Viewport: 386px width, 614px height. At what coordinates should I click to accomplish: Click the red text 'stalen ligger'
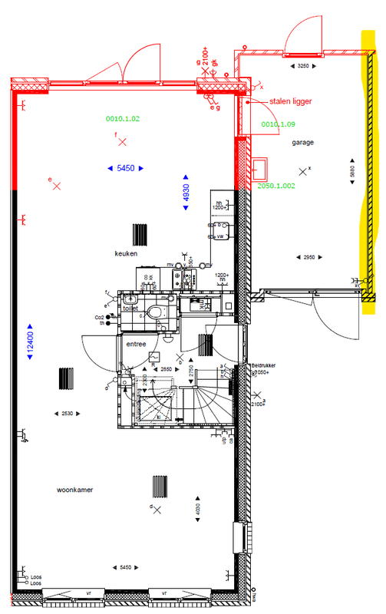(x=290, y=101)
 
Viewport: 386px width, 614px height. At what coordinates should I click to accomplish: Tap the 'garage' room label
(x=302, y=143)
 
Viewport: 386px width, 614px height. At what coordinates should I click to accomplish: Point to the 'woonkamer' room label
(x=74, y=490)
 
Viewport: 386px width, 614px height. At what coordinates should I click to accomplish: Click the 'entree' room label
(x=137, y=345)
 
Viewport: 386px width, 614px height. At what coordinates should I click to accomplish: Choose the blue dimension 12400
(x=30, y=338)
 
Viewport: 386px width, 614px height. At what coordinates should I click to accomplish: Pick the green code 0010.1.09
(x=278, y=124)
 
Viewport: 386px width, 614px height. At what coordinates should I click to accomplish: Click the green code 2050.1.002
(x=276, y=186)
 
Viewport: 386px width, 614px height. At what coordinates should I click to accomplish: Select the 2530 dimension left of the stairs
(x=68, y=414)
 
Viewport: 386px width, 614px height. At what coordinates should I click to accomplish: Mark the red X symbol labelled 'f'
(x=120, y=142)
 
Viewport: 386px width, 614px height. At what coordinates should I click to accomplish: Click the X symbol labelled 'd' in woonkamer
(x=157, y=511)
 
